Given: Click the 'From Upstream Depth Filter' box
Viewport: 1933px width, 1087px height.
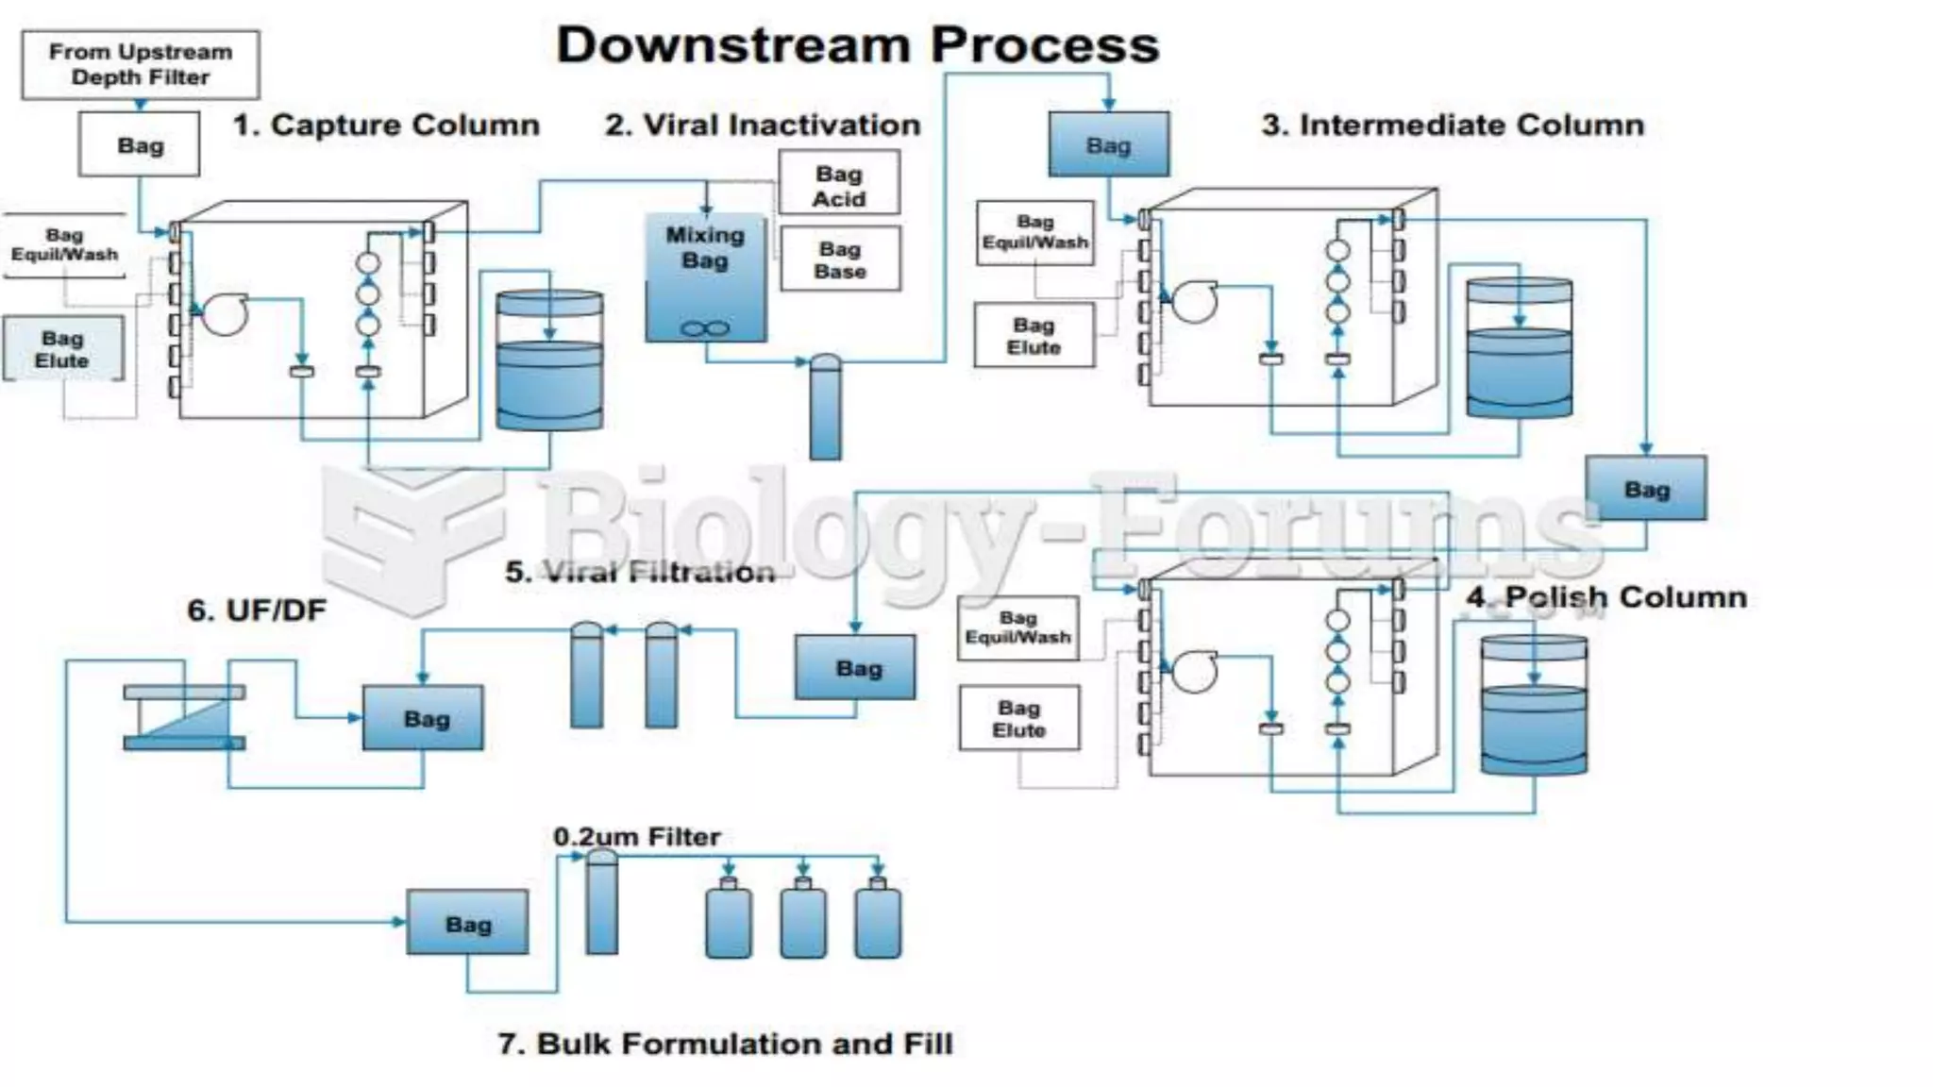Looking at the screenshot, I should pos(141,64).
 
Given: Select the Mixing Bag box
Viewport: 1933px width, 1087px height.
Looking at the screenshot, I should pos(705,276).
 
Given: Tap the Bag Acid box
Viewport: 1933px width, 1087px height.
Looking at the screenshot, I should pos(839,185).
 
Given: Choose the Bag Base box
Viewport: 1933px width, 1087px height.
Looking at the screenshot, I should pos(840,259).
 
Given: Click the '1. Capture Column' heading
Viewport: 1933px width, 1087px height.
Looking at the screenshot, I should pos(386,125).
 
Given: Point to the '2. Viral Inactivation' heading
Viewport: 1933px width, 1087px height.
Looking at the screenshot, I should pos(763,125).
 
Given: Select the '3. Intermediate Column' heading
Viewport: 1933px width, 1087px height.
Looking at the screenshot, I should pos(1453,125).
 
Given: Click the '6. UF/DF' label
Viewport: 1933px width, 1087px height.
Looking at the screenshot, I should pos(257,610).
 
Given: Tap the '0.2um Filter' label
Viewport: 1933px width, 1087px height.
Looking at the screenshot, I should pos(636,837).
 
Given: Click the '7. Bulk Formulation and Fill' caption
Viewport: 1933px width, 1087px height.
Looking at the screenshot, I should pos(725,1044).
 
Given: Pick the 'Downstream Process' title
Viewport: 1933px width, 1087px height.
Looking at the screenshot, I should pos(857,45).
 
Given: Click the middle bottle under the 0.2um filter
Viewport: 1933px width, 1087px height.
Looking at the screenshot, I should pos(802,920).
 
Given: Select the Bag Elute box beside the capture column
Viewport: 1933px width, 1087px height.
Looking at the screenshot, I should pos(62,349).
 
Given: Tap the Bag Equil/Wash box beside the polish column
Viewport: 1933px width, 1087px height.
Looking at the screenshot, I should pos(1017,627).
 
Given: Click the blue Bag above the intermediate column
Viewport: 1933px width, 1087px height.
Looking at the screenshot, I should pos(1108,144).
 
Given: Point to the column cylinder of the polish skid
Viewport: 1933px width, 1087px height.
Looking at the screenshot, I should pos(1533,705).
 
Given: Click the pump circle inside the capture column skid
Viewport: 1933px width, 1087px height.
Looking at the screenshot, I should pos(225,313).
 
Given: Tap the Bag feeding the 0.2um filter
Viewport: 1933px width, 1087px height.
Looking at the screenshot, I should pos(467,923).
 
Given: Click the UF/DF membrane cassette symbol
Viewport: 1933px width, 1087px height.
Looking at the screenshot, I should pos(184,718).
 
